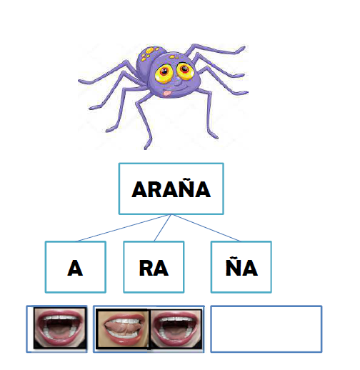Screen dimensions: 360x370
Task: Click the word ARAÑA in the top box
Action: [171, 189]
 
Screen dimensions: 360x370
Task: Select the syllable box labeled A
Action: [76, 267]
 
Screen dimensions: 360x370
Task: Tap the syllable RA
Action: [154, 268]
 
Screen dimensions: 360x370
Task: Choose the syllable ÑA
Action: [241, 266]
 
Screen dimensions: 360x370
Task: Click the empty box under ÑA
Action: [266, 329]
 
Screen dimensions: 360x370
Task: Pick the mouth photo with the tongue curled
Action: [122, 329]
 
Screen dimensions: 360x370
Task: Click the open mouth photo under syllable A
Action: [60, 328]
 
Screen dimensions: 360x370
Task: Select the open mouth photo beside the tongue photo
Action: [176, 329]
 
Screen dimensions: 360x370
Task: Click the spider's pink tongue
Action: [167, 93]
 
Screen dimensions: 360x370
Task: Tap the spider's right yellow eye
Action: [184, 70]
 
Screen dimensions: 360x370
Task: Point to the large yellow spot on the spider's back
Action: [150, 50]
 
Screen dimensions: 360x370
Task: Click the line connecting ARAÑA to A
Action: [122, 228]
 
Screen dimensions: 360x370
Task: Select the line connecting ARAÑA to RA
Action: [162, 228]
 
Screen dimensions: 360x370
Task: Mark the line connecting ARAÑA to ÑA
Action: [206, 228]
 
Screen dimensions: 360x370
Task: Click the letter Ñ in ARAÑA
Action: [185, 188]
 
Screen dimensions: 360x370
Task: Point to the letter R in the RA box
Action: [146, 268]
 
